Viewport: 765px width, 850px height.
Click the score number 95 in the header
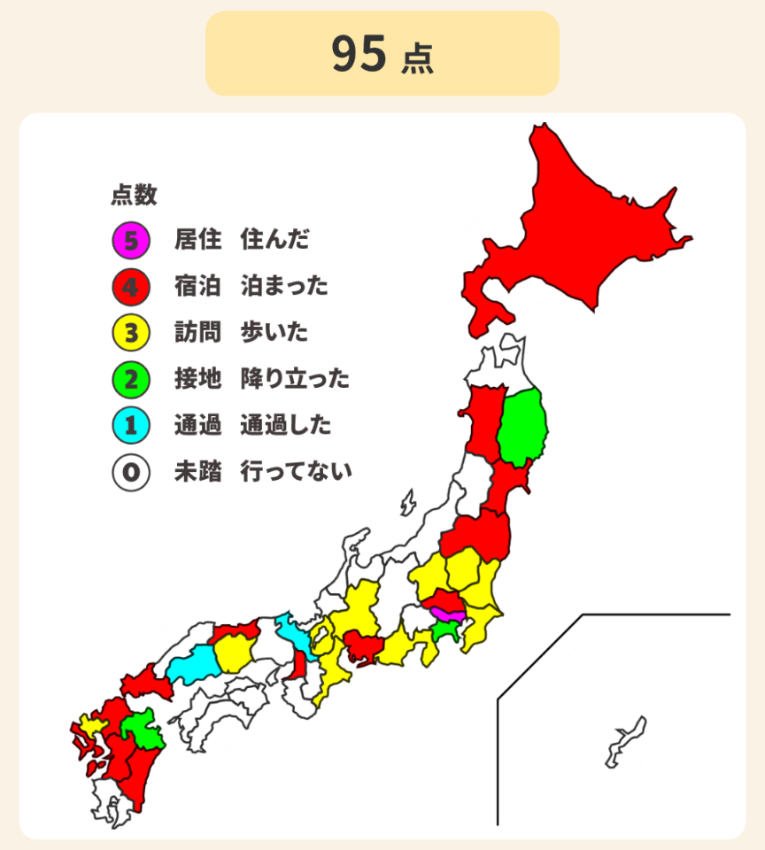359,54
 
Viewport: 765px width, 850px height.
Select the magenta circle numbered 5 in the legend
130,239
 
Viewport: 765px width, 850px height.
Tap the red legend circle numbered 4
130,286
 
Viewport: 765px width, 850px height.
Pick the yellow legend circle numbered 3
130,333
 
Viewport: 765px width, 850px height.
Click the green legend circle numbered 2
130,380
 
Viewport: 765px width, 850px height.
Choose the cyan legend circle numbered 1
130,426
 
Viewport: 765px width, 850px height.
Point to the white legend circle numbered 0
130,472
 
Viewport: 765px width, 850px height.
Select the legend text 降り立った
295,380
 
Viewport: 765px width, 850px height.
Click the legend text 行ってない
296,472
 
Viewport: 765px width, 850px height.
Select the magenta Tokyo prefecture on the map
446,614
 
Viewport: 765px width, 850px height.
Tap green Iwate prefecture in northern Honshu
522,429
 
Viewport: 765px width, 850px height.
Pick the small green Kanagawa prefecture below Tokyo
447,630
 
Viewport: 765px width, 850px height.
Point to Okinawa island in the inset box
625,742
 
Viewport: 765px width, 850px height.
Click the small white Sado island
407,503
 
